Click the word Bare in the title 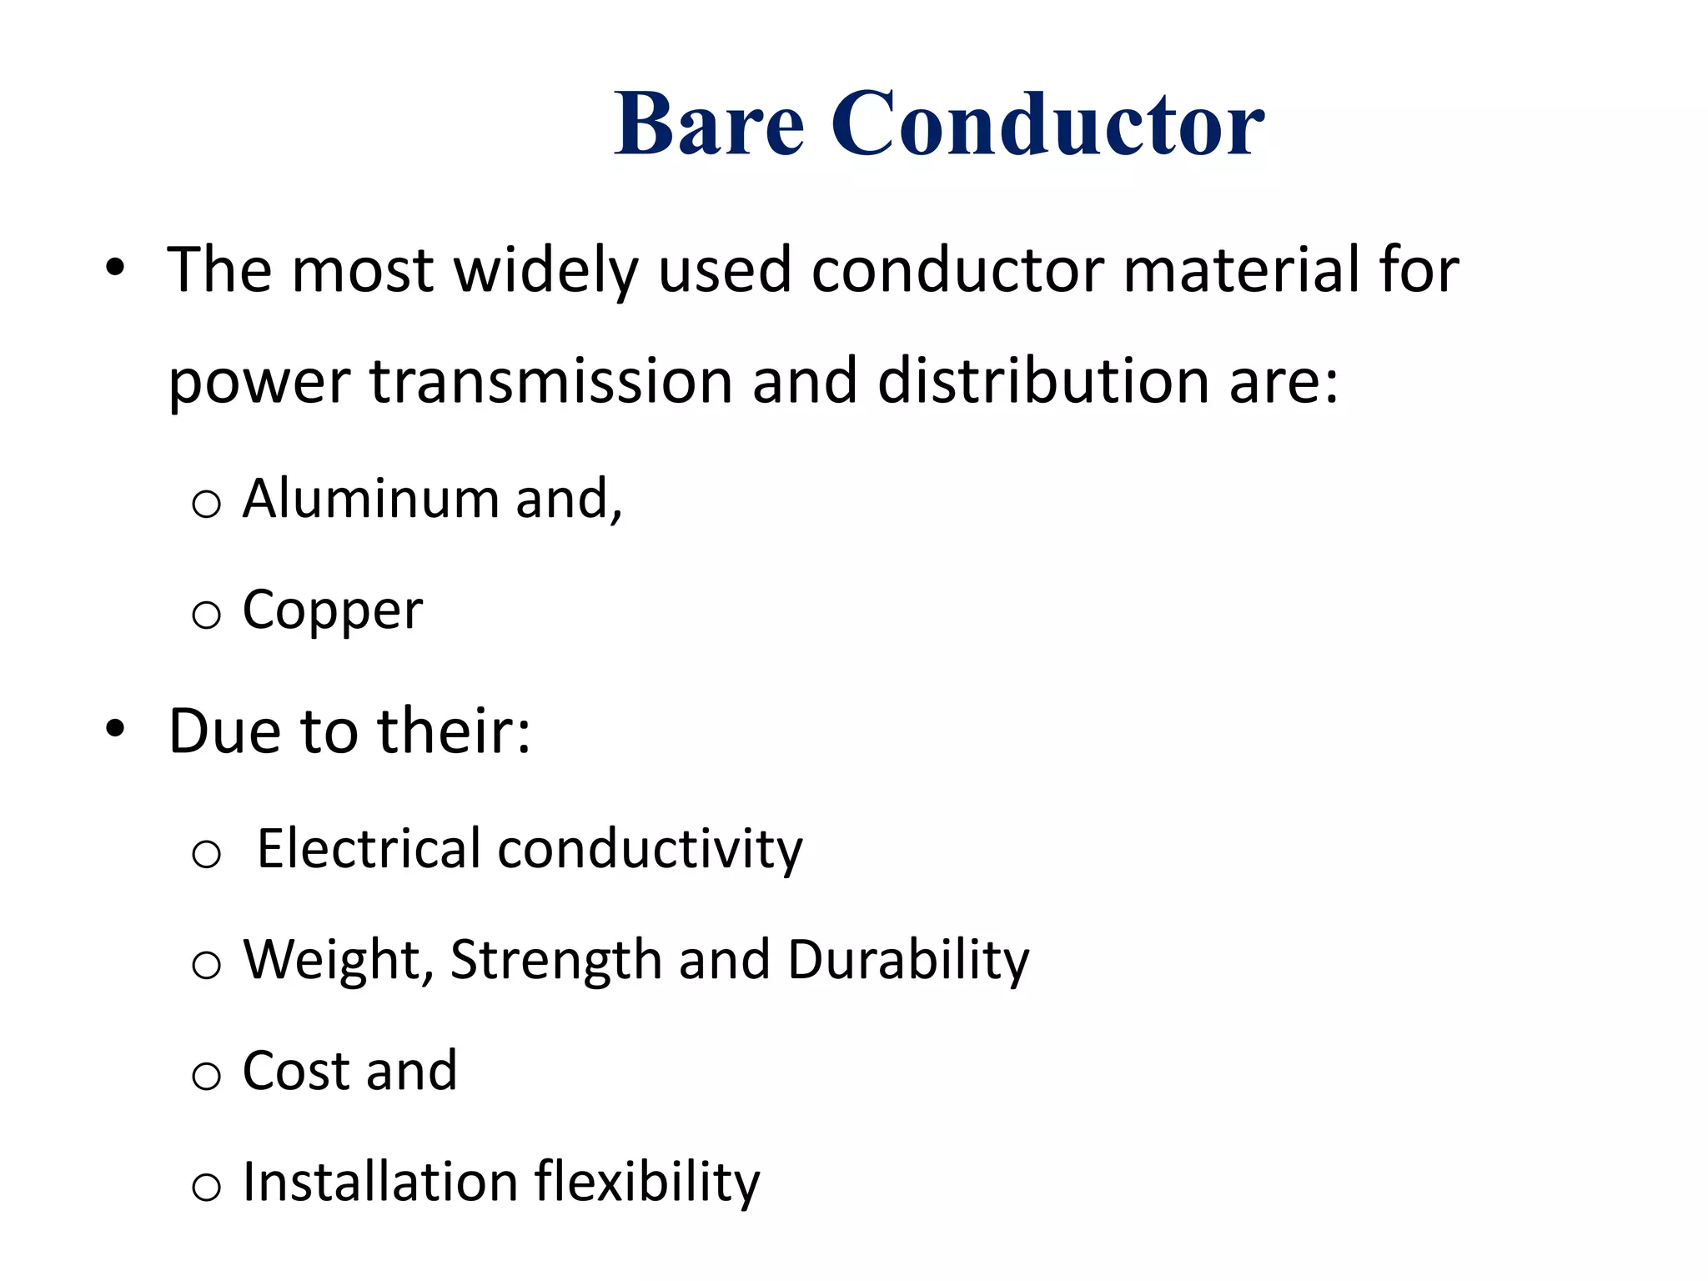[709, 125]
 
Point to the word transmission [550, 382]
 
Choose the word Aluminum [370, 499]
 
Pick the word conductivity [651, 849]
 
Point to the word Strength [555, 961]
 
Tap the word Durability [908, 961]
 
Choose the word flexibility [647, 1183]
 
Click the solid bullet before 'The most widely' [115, 269]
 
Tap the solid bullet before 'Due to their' [115, 729]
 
